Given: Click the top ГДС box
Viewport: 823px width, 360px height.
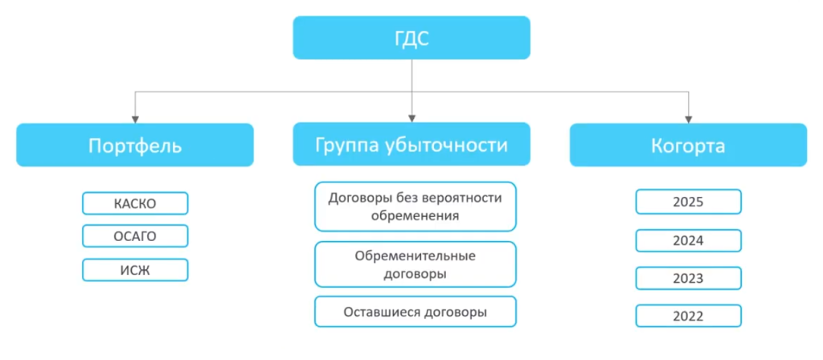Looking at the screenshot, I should tap(411, 38).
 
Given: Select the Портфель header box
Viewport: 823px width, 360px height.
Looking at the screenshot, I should tap(135, 145).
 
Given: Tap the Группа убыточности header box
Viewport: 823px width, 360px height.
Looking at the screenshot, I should tap(411, 145).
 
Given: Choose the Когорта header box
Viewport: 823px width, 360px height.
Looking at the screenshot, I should tap(688, 145).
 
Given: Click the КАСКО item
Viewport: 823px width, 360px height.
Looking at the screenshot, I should tap(135, 203).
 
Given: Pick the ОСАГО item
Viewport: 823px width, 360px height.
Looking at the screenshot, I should tap(135, 236).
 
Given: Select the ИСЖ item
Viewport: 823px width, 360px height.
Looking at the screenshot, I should tap(135, 270).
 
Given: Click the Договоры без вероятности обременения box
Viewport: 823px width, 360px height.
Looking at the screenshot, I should tap(415, 207).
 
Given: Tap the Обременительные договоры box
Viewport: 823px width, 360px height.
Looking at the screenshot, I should tap(415, 264).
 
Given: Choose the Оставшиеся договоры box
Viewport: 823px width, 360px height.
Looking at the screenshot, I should tap(415, 312).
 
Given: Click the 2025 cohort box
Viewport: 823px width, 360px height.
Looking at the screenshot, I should tap(688, 202).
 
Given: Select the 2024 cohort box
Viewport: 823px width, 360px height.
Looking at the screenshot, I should tap(688, 240).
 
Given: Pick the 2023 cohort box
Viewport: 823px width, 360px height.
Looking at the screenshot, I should tap(688, 278).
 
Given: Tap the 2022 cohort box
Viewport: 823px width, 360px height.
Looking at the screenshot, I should tap(688, 316).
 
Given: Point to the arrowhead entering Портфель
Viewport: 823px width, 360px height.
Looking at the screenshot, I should tap(135, 118).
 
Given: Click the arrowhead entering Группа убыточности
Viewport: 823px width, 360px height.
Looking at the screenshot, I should tap(411, 118).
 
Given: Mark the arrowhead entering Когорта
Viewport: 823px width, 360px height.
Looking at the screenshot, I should tap(688, 118).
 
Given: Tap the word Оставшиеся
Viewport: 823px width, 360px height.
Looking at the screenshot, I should tap(379, 312).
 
